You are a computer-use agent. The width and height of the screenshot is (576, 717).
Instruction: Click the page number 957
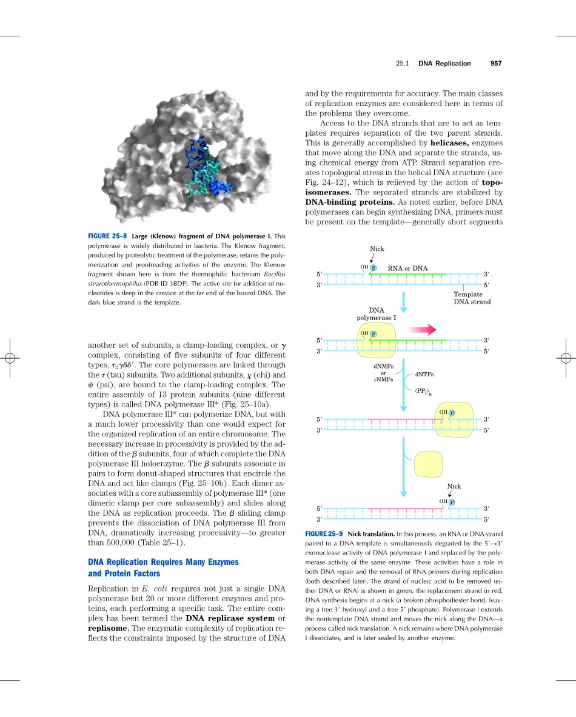tap(497, 64)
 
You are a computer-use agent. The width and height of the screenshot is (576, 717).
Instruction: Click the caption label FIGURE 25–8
tap(107, 236)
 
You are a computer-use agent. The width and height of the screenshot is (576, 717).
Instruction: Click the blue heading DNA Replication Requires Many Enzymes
tap(163, 562)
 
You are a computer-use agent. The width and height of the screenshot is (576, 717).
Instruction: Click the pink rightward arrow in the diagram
tap(423, 330)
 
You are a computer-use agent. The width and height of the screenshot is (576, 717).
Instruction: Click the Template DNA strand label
tap(472, 298)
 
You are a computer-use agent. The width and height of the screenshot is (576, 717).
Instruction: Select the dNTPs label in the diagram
tap(424, 375)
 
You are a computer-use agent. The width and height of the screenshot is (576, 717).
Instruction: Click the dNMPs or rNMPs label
tap(383, 373)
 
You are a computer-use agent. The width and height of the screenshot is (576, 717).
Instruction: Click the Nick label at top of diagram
tap(377, 249)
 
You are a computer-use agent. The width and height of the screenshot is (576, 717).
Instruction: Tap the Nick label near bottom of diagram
tap(454, 486)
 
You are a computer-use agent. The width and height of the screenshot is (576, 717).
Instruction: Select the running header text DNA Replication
tap(444, 64)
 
